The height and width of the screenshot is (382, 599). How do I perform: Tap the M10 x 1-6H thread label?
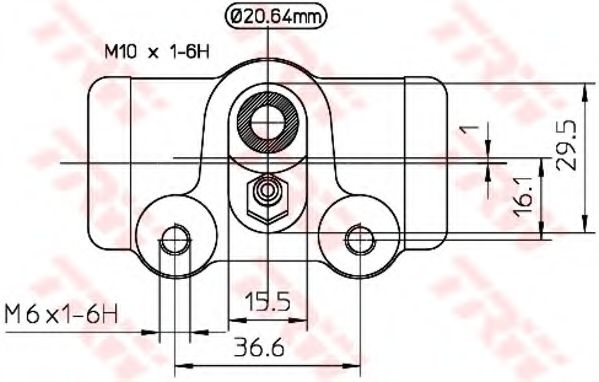[x=157, y=52]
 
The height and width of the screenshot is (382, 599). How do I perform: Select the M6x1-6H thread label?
[x=61, y=316]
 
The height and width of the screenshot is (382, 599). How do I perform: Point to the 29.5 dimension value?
[x=565, y=146]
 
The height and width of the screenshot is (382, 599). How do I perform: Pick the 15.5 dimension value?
[x=268, y=302]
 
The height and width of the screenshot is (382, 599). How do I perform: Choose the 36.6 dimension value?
[x=259, y=347]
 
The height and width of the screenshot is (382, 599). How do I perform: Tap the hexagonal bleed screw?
[x=267, y=198]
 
